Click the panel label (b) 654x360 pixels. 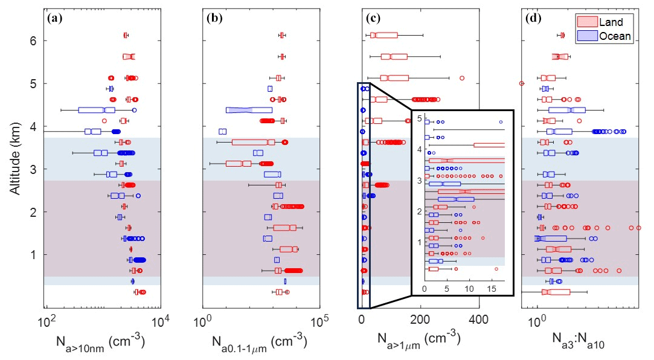pyautogui.click(x=214, y=18)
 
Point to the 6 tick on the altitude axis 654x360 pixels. pyautogui.click(x=34, y=41)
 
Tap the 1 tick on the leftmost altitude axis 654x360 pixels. pyautogui.click(x=34, y=255)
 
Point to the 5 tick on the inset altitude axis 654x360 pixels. pyautogui.click(x=420, y=118)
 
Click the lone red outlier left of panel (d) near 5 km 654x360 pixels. pyautogui.click(x=522, y=83)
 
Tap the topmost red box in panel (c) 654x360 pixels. pyautogui.click(x=385, y=35)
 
